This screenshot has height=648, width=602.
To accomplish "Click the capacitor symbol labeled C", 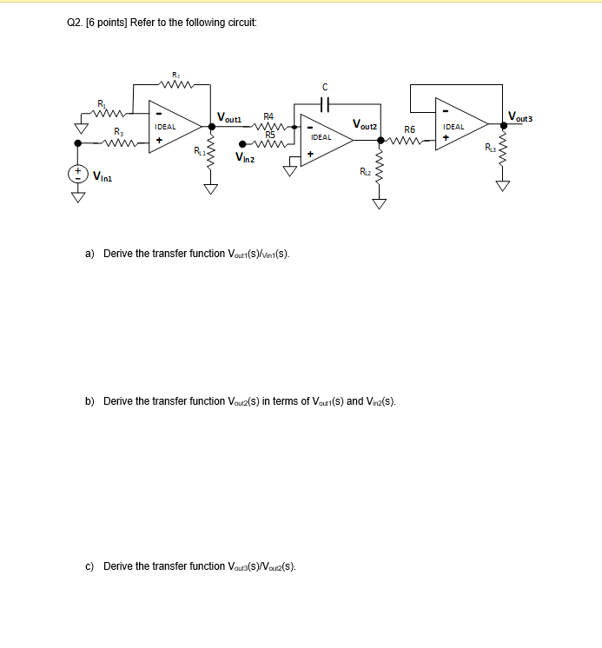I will (325, 102).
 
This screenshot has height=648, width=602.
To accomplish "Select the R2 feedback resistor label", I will (175, 76).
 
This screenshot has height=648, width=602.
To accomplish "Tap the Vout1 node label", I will (231, 117).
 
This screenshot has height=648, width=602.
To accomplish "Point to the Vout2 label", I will (365, 126).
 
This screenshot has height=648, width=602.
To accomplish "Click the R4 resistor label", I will (268, 116).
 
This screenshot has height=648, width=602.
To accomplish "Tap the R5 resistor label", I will (270, 135).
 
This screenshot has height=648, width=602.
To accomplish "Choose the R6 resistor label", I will (410, 129).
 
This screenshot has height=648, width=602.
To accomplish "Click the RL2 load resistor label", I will (365, 171).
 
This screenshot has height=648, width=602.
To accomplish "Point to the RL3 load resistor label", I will (491, 149).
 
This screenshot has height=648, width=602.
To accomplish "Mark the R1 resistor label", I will (101, 104).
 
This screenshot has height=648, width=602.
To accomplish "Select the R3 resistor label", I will (118, 132).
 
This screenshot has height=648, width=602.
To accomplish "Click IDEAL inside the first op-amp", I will (165, 126).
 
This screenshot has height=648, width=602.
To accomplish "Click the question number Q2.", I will (74, 23).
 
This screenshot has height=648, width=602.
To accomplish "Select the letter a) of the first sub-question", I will (90, 254).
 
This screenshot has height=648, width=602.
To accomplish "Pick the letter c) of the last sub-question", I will (90, 566).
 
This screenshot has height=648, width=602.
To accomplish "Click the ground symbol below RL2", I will (378, 204).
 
